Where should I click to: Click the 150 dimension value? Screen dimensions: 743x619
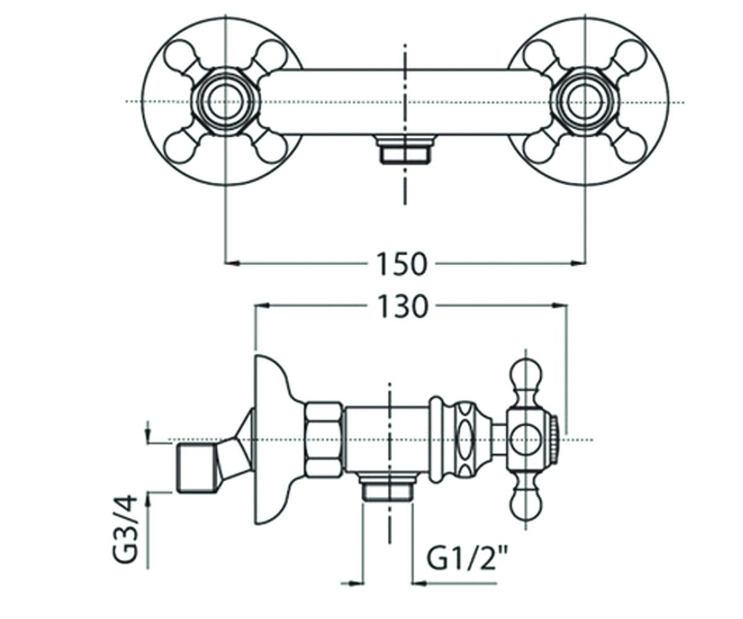click(x=401, y=264)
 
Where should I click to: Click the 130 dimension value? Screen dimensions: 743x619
click(x=403, y=305)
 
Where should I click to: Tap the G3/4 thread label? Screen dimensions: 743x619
click(x=125, y=529)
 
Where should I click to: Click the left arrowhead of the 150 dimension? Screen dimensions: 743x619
click(x=232, y=263)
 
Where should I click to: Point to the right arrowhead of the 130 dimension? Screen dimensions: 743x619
click(x=560, y=305)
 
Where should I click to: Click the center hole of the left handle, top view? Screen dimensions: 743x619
click(x=227, y=102)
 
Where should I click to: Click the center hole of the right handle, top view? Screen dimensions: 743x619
click(x=586, y=102)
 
